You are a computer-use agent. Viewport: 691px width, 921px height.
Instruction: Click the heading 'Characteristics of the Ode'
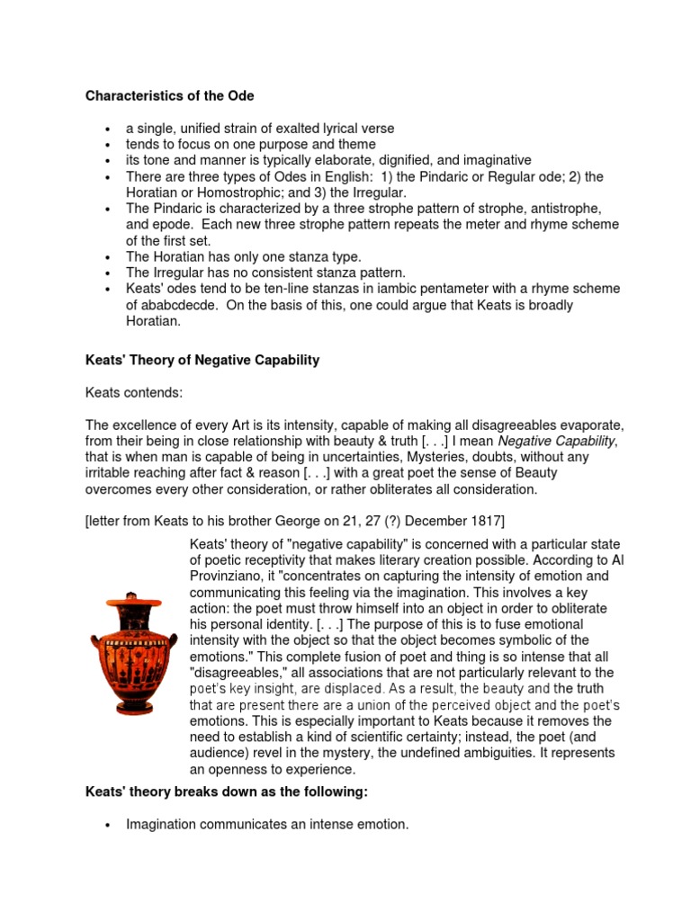coord(168,94)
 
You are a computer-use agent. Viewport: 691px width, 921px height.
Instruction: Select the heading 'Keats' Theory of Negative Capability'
coord(202,360)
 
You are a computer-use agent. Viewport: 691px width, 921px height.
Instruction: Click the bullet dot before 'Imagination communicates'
coord(108,823)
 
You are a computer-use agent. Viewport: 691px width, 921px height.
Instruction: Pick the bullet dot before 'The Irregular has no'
coord(108,273)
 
